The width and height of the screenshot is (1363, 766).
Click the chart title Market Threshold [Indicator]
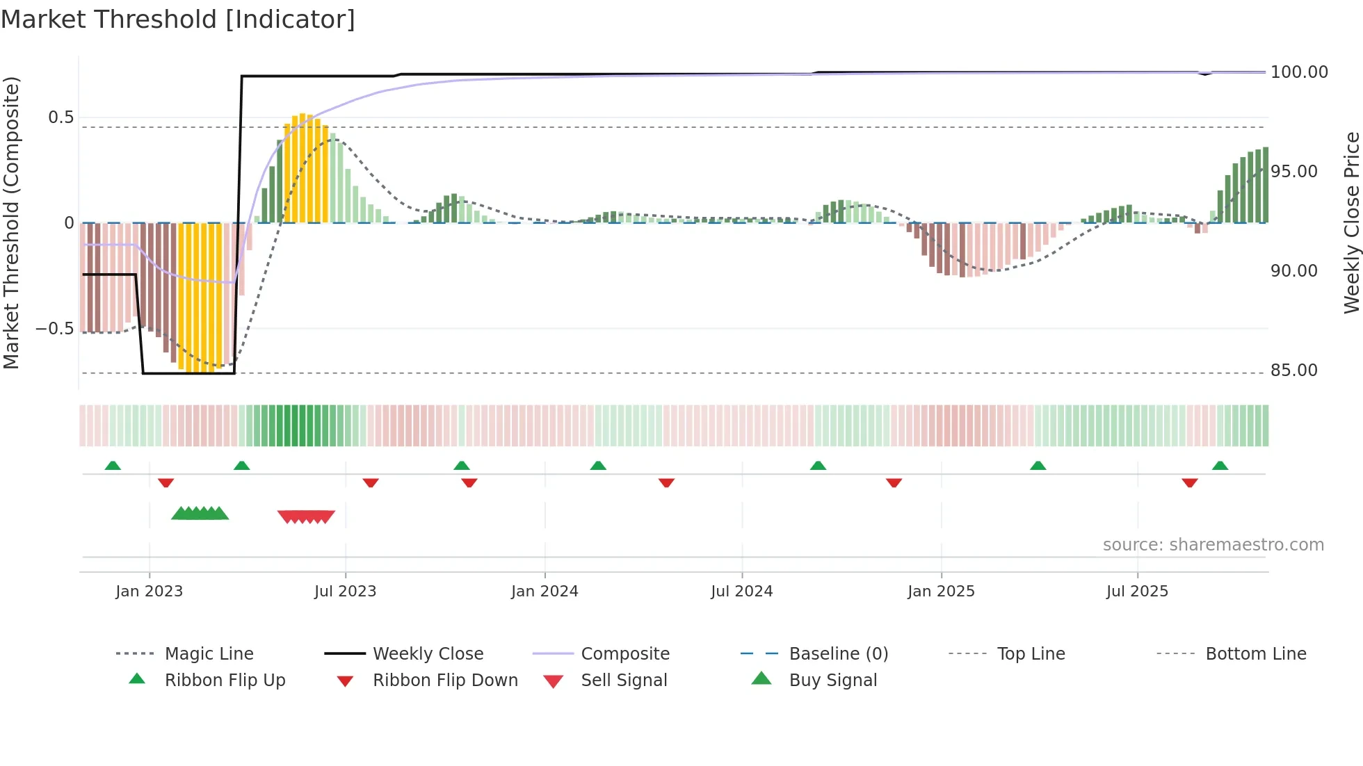coord(178,19)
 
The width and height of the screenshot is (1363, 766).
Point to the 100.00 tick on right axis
coord(1299,72)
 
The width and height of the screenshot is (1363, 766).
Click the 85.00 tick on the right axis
coord(1293,370)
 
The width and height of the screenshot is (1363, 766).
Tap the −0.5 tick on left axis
coord(54,329)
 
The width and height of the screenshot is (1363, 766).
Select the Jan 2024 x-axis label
coord(545,592)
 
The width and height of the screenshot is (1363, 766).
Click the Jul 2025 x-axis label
coord(1137,592)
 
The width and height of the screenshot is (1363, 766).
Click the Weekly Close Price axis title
coord(1351,222)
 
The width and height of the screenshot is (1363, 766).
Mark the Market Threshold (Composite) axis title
coord(11,222)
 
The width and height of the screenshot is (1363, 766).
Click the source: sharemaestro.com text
coord(1213,545)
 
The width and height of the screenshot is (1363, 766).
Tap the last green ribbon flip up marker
coord(1220,466)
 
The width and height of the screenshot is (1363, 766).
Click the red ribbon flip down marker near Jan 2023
coord(166,482)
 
